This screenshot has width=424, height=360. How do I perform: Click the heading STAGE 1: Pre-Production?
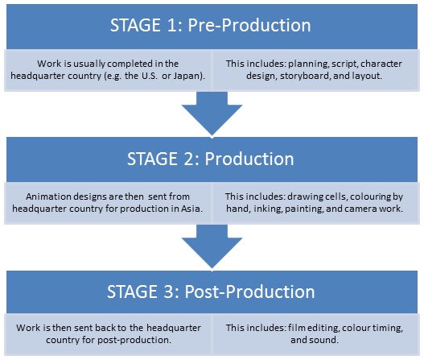coord(210,26)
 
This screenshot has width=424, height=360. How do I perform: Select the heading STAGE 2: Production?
coord(210,159)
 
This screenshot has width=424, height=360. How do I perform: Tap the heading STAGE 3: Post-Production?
coord(211,292)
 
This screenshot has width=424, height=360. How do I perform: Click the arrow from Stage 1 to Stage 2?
coord(212,114)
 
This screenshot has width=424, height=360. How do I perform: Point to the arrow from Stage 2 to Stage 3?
coord(212,247)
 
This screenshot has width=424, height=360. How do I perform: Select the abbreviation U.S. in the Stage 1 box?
coord(149,76)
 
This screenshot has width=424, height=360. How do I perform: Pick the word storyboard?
coord(305,76)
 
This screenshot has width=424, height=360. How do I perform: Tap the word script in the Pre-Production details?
coord(345,64)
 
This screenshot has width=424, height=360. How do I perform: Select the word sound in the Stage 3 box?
coord(323,340)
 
